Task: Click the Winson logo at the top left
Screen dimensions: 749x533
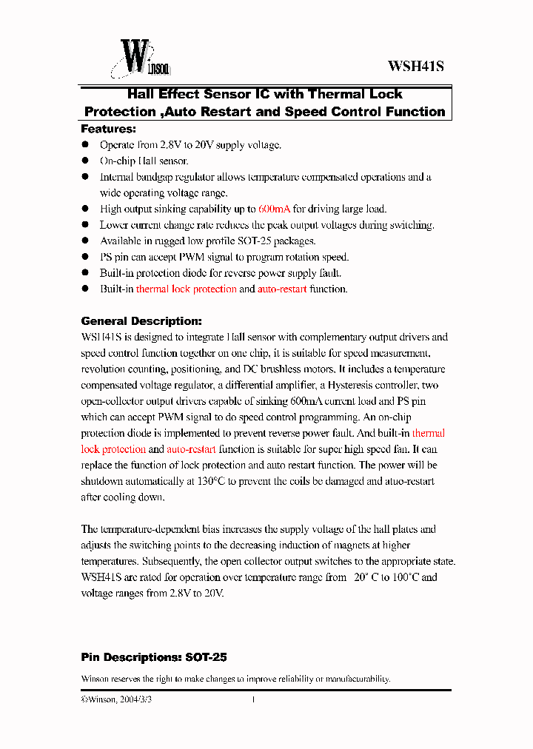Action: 141,57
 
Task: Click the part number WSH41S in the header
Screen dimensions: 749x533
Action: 415,66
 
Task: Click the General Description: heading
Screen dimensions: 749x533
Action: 141,321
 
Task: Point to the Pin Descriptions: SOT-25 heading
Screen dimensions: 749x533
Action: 154,657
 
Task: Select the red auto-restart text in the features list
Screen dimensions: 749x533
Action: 282,289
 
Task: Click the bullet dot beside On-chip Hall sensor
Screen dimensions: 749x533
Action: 85,161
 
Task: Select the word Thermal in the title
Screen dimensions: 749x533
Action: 336,94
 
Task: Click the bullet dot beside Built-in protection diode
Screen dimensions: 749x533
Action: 85,273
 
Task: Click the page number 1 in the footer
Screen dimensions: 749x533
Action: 253,699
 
